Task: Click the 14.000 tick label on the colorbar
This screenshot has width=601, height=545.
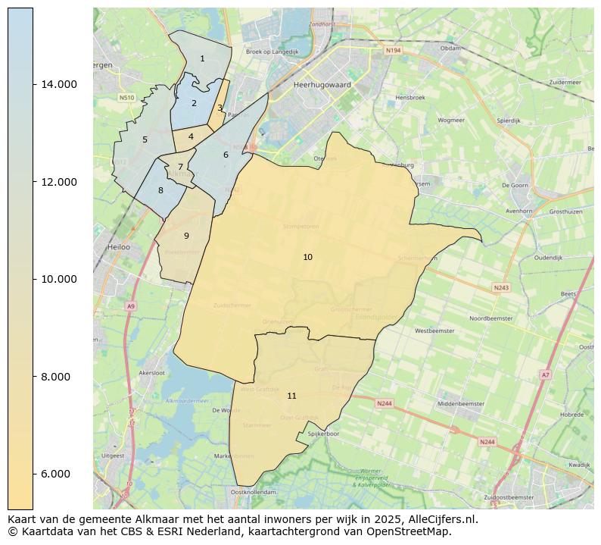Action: pyautogui.click(x=58, y=84)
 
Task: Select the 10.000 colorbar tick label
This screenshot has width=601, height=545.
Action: pyautogui.click(x=58, y=279)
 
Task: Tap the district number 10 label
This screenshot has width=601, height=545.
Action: pyautogui.click(x=307, y=258)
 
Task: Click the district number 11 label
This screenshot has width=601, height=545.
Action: pyautogui.click(x=291, y=396)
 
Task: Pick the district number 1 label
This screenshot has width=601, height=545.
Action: pyautogui.click(x=202, y=59)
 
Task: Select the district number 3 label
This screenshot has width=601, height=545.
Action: pyautogui.click(x=220, y=108)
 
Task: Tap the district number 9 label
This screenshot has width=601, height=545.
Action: pyautogui.click(x=186, y=236)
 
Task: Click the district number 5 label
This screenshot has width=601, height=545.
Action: pyautogui.click(x=145, y=140)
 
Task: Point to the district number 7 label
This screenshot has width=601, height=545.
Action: pyautogui.click(x=180, y=168)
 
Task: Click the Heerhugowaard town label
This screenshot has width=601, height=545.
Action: pyautogui.click(x=322, y=86)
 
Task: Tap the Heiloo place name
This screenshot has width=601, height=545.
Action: pyautogui.click(x=120, y=247)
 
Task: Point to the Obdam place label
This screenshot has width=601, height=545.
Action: pyautogui.click(x=450, y=48)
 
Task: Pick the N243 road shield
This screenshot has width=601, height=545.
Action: pyautogui.click(x=501, y=288)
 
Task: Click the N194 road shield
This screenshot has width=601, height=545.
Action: pyautogui.click(x=392, y=51)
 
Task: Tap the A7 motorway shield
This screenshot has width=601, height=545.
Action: pyautogui.click(x=545, y=375)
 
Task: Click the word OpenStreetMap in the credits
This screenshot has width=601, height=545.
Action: pyautogui.click(x=413, y=532)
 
